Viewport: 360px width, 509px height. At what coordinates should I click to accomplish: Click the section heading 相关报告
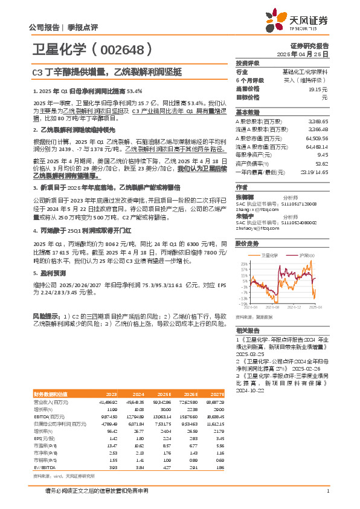[x=248, y=331]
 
